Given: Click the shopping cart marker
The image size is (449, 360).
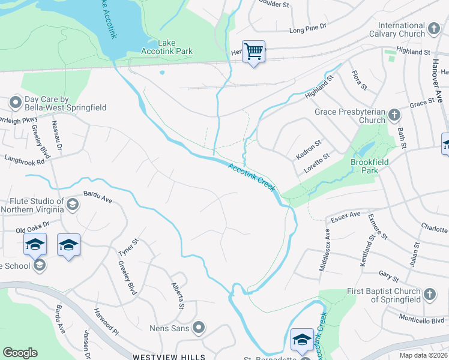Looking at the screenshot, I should coord(254,52).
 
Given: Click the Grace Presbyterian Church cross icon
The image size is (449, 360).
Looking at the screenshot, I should coord(394,114).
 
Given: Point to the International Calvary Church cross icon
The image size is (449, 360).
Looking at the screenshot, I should coord(434,28).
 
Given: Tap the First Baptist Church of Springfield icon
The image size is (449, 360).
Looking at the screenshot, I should coord(429,294).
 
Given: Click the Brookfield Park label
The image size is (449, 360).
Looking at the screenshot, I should coord(369,166).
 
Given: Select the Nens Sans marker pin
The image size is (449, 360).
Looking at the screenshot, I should coord(199,328).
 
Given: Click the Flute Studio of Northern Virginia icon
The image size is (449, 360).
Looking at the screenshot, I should coord(73,205).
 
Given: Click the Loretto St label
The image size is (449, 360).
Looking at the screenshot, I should coord(317,163).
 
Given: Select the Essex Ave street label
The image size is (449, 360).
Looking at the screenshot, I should coord(342,214).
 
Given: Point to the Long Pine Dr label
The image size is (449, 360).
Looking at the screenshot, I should coord(307,27).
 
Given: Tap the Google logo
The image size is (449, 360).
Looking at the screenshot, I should coord(20,353).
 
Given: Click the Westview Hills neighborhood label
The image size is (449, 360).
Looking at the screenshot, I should coord(169,356).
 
